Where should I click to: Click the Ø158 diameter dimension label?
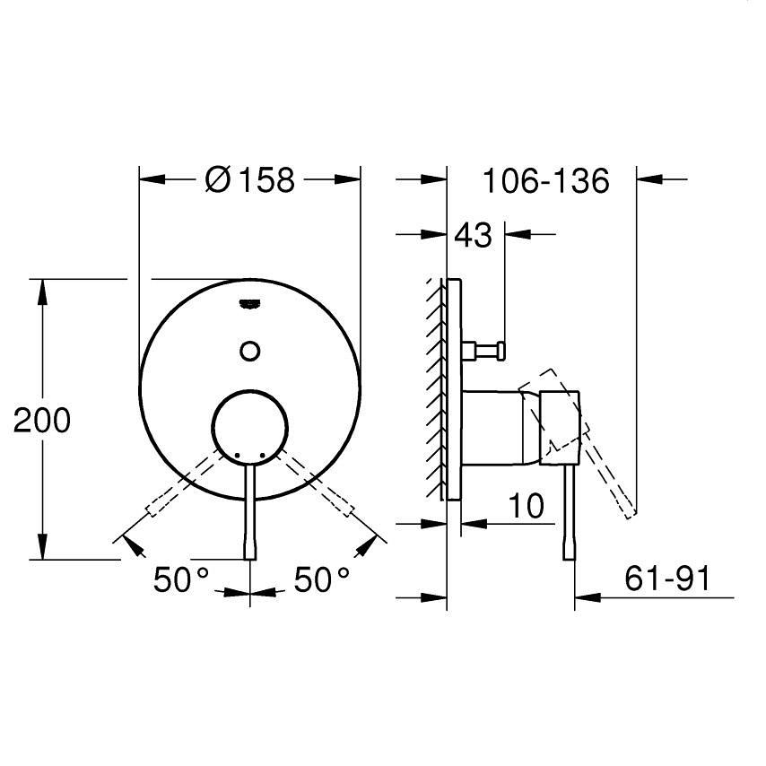[250, 179]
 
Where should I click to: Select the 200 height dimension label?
[42, 420]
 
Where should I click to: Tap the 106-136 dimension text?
[545, 181]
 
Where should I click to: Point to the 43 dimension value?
[473, 235]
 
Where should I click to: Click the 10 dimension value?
[527, 505]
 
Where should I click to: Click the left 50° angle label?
[181, 579]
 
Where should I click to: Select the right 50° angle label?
[322, 579]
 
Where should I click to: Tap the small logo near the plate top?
[249, 304]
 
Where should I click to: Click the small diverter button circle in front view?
[250, 351]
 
